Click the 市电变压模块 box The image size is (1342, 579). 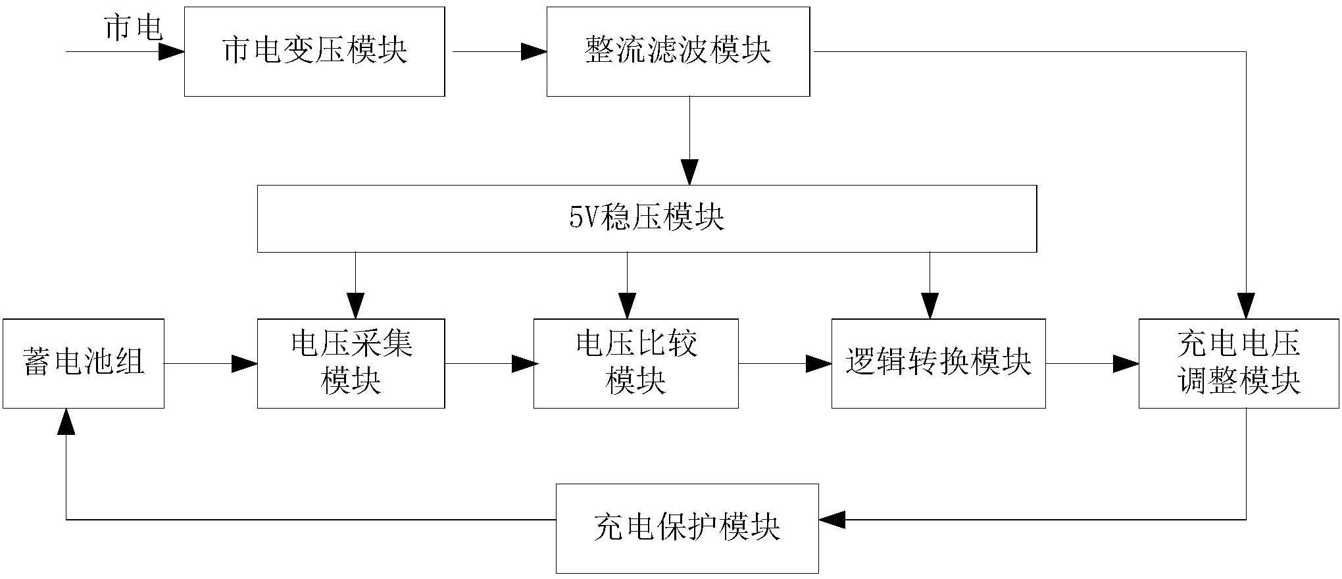tap(314, 52)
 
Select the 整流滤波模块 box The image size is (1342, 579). tap(678, 52)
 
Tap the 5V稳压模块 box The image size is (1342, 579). tap(647, 218)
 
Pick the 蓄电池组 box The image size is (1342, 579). tap(84, 364)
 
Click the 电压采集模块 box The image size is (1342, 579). tap(351, 364)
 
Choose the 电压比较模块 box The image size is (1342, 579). tap(635, 364)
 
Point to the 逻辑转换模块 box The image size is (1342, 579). tap(939, 364)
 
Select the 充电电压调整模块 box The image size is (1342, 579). tap(1239, 364)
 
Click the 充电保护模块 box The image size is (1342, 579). tap(687, 528)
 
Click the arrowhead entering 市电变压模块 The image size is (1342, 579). tap(172, 52)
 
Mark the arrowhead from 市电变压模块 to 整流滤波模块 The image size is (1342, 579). tap(534, 52)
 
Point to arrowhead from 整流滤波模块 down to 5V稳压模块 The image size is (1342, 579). tap(689, 172)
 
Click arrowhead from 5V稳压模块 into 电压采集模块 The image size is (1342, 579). tap(356, 307)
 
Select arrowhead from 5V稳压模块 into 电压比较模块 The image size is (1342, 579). tap(628, 307)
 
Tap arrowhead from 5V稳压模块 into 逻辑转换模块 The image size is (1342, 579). tap(930, 307)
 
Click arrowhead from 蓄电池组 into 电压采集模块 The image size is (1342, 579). tap(245, 363)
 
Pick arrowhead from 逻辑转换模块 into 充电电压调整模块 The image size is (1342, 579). tap(1126, 363)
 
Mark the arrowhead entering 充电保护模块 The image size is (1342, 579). tap(832, 520)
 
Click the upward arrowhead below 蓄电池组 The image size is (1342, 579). tap(66, 421)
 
